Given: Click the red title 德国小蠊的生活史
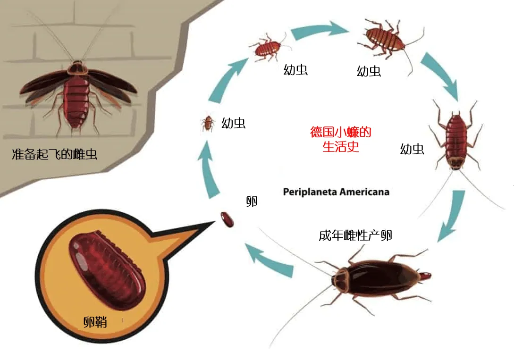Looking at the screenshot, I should click(x=340, y=139).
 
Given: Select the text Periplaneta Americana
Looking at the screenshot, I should click(x=336, y=192).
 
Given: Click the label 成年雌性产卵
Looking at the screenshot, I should click(x=355, y=235).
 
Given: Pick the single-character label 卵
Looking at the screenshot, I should click(x=252, y=201).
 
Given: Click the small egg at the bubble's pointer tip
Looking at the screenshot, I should click(x=227, y=219).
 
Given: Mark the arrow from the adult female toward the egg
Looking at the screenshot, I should click(x=269, y=260).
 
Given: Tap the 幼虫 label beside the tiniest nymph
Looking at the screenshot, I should click(x=234, y=124).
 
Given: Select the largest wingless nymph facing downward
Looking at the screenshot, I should click(x=456, y=139).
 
